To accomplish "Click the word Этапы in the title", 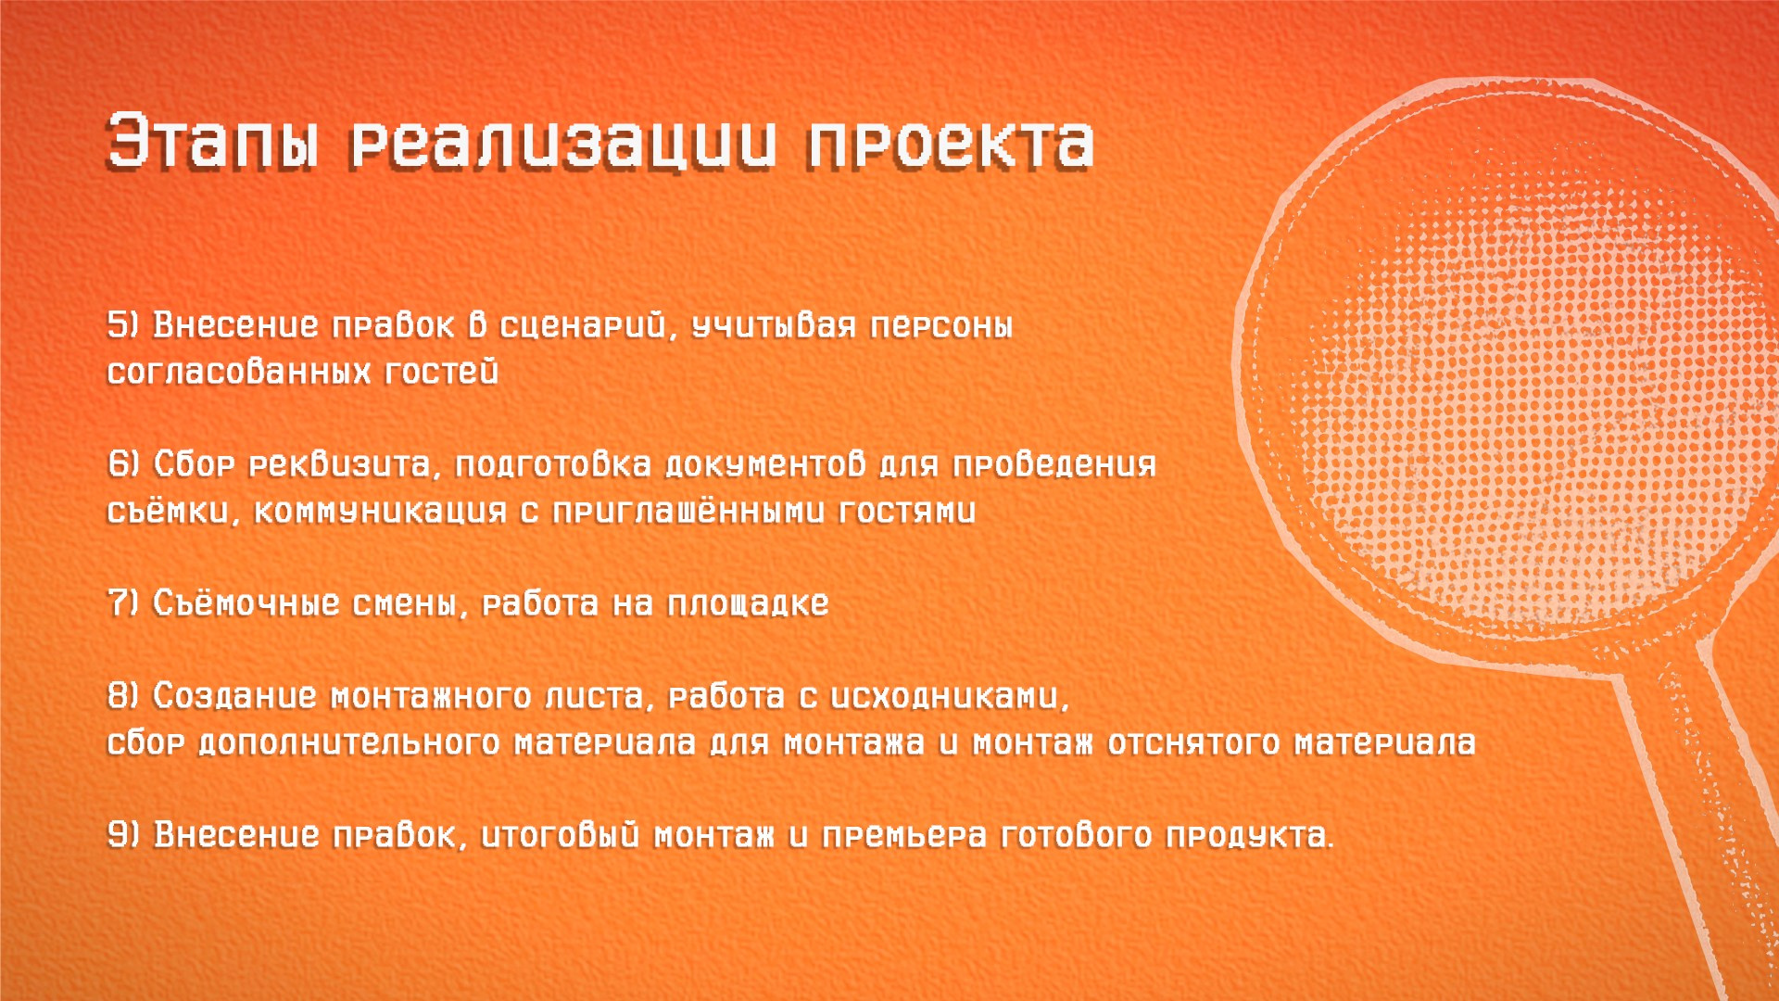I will pyautogui.click(x=212, y=144).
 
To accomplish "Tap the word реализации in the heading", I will pyautogui.click(x=561, y=144).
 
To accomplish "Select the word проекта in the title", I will pyautogui.click(x=950, y=144).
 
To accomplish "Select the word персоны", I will pyautogui.click(x=941, y=325).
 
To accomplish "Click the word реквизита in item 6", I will pyautogui.click(x=340, y=464).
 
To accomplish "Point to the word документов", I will pyautogui.click(x=765, y=464).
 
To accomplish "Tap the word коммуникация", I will pyautogui.click(x=380, y=511).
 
